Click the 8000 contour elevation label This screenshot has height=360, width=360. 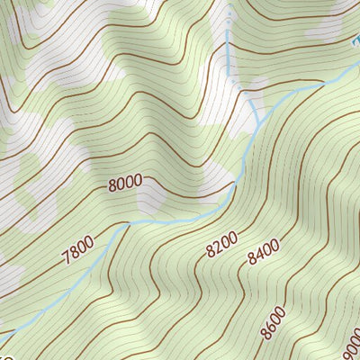pos(125,183)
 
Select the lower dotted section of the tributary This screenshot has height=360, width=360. pos(253,107)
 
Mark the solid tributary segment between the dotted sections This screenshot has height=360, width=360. pos(235,63)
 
